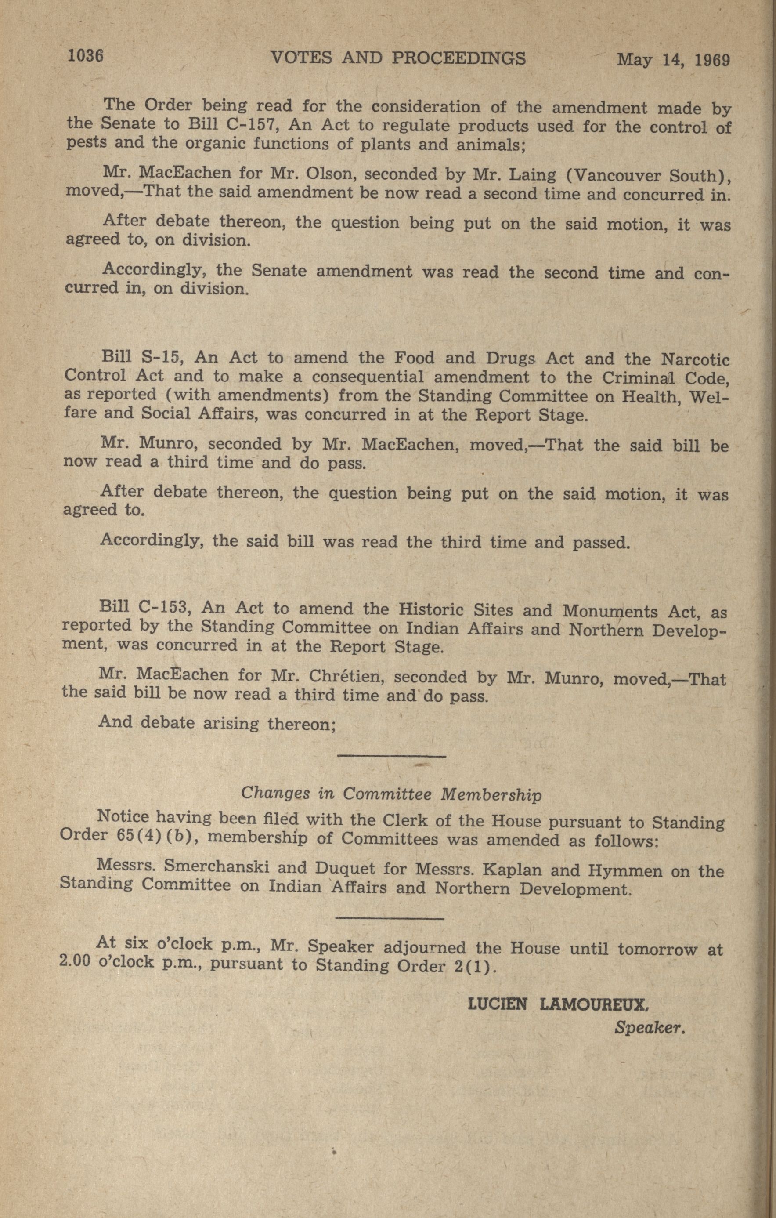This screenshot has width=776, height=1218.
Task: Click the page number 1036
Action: [x=86, y=56]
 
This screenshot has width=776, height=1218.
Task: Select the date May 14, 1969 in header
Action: [x=673, y=60]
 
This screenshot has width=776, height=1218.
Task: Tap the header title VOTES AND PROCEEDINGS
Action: [x=398, y=59]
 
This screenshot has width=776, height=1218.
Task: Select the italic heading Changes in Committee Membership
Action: [x=391, y=794]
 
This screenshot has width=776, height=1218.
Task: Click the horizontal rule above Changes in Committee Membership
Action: [x=391, y=757]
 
